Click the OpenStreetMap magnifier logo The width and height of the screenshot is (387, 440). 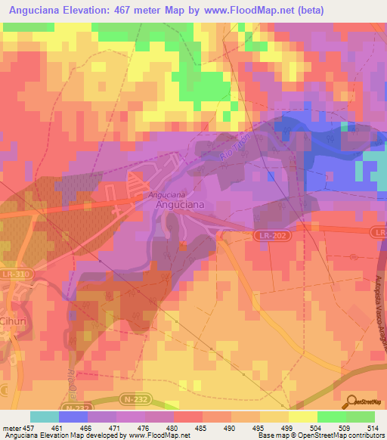(350, 401)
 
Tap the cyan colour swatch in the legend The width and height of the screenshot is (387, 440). (45, 417)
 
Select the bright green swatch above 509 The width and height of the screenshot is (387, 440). (331, 417)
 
